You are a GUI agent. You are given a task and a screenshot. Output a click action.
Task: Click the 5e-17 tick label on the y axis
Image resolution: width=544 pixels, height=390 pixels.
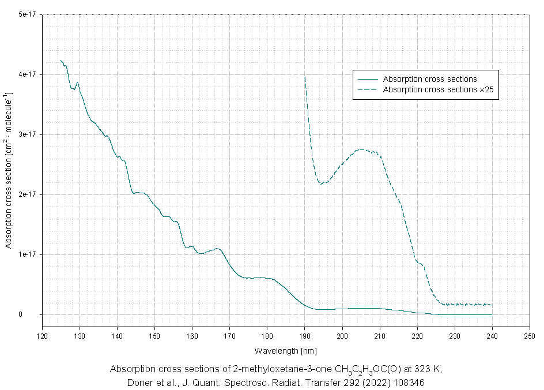coord(27,14)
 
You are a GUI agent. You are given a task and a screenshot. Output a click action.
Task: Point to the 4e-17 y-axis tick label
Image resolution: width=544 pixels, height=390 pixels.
coord(27,74)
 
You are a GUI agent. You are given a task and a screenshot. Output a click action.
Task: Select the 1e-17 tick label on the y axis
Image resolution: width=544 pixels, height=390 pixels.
coord(27,254)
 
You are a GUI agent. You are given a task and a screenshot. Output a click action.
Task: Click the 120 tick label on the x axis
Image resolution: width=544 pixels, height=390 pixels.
coord(42,335)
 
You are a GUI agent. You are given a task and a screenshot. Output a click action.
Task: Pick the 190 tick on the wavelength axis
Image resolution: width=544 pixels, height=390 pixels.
coord(305,335)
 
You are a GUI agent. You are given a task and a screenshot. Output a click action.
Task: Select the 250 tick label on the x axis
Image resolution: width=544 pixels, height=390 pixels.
coord(530,335)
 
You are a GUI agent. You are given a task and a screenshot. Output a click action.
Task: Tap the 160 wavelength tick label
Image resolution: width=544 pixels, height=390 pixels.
coord(192,335)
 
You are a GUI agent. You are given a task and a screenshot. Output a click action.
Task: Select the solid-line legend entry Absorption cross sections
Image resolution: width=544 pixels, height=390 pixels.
coord(430,79)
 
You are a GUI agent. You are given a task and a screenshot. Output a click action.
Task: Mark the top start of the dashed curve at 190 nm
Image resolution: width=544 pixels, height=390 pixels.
coord(305,77)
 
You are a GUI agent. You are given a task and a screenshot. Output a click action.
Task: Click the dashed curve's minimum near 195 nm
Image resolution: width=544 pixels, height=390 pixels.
coord(322,183)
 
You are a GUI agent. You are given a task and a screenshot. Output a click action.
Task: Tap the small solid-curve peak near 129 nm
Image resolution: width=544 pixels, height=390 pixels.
coord(77,82)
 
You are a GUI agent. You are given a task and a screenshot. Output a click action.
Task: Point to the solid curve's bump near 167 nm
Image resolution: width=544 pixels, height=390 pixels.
coord(217,249)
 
